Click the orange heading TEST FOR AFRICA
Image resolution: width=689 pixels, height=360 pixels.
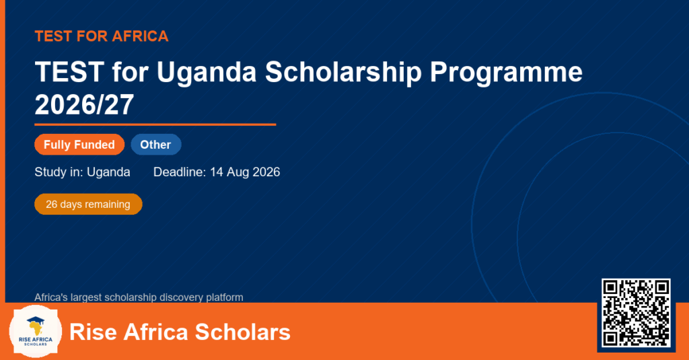point(102,36)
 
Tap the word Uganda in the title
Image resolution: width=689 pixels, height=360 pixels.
point(206,72)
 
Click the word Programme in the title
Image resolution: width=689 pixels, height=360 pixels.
point(506,73)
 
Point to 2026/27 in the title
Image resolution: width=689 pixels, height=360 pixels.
point(84,105)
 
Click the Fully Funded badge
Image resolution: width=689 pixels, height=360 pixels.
point(79,145)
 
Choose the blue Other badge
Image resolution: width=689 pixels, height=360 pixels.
point(156,145)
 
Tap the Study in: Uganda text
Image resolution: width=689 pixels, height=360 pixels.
point(82,172)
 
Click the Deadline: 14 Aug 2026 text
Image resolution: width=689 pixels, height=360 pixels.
point(217,172)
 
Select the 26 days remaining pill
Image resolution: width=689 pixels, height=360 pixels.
point(88,205)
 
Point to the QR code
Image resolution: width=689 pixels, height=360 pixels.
point(636,313)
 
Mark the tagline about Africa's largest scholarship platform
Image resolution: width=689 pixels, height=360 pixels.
point(139,297)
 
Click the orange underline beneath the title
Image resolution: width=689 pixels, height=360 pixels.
point(155,125)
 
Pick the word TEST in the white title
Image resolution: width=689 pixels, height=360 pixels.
point(69,72)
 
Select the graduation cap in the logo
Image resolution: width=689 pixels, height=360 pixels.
point(36,321)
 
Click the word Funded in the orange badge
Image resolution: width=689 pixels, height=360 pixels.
point(94,145)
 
